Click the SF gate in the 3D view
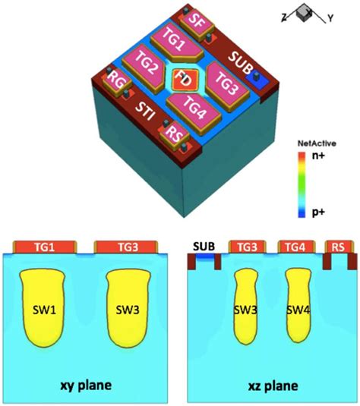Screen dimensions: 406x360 [x=196, y=20]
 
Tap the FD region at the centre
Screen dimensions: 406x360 [x=182, y=78]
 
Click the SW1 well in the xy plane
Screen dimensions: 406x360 [x=43, y=310]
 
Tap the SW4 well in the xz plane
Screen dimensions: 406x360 [x=299, y=310]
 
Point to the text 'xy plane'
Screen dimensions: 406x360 [x=86, y=386]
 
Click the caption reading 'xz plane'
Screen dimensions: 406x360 [x=271, y=386]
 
